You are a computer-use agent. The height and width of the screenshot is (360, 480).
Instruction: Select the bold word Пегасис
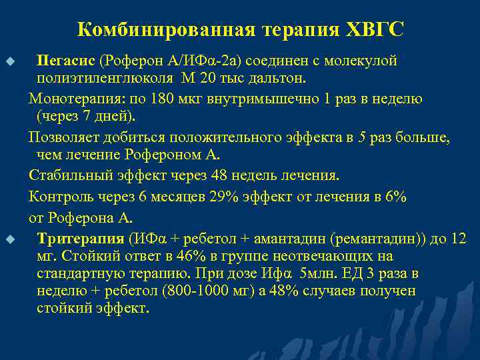pos(66,61)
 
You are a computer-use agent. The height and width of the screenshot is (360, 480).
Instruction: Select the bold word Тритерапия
pos(81,238)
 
